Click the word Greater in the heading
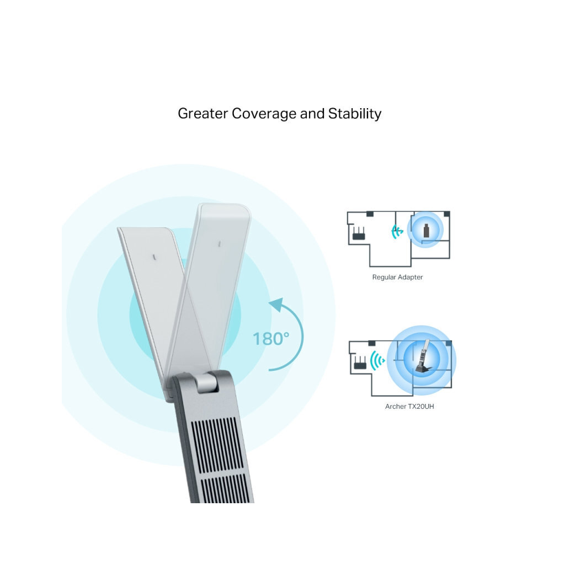pyautogui.click(x=203, y=114)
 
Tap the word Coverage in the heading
pyautogui.click(x=264, y=114)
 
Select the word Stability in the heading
pyautogui.click(x=355, y=114)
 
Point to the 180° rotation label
pyautogui.click(x=271, y=339)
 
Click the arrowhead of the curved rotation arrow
pyautogui.click(x=277, y=304)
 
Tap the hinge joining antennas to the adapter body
pyautogui.click(x=207, y=383)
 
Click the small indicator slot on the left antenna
pyautogui.click(x=154, y=257)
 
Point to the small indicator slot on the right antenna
pyautogui.click(x=219, y=244)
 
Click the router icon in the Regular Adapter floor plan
pyautogui.click(x=359, y=233)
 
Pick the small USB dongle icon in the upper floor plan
pyautogui.click(x=427, y=231)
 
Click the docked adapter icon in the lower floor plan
pyautogui.click(x=424, y=358)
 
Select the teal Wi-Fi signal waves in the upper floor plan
pyautogui.click(x=397, y=232)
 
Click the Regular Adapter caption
pyautogui.click(x=397, y=277)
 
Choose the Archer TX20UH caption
pyautogui.click(x=410, y=407)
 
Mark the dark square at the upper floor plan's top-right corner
pyautogui.click(x=447, y=214)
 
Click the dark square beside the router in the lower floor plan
pyautogui.click(x=371, y=343)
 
